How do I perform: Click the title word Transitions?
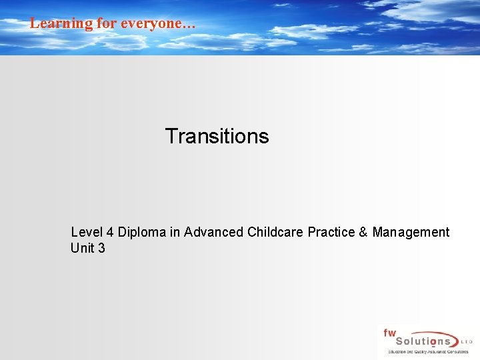point(217,136)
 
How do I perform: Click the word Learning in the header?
point(61,23)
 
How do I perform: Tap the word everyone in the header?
point(151,23)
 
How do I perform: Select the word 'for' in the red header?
point(107,23)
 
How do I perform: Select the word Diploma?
point(141,232)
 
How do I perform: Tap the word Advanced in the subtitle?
point(214,232)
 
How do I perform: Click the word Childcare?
point(275,232)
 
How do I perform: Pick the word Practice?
point(331,232)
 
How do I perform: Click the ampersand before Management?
point(363,232)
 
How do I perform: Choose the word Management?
point(411,232)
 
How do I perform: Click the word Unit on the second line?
point(82,249)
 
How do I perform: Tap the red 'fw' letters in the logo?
point(389,332)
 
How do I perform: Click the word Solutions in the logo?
point(420,341)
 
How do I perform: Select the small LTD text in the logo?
point(466,342)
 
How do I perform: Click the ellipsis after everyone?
point(189,25)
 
